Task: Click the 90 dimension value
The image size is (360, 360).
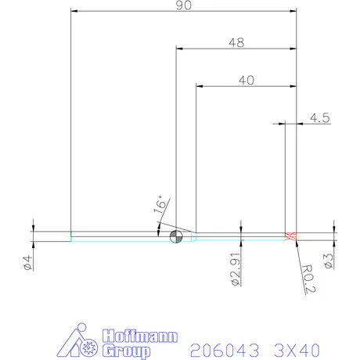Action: click(184, 5)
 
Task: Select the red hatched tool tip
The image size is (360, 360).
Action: click(291, 236)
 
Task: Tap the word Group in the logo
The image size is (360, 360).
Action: click(128, 350)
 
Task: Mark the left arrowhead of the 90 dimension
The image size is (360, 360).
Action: click(74, 12)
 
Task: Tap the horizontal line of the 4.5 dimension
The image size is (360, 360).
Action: click(291, 123)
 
